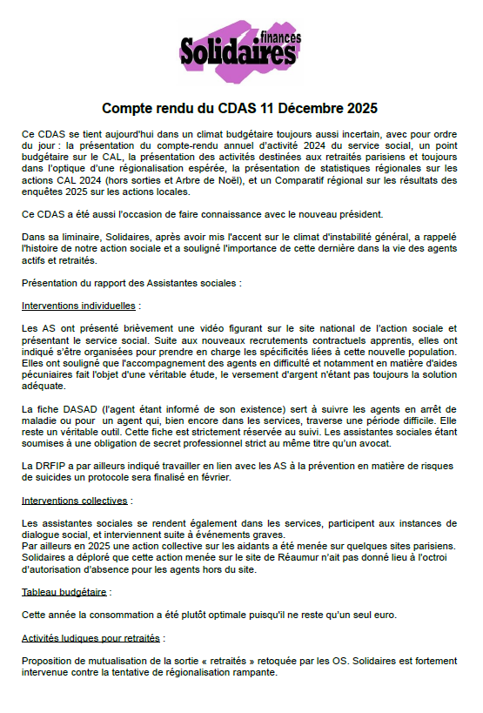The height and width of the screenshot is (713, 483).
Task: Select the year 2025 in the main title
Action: pos(360,109)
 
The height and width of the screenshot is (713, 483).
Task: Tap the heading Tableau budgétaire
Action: pos(64,592)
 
